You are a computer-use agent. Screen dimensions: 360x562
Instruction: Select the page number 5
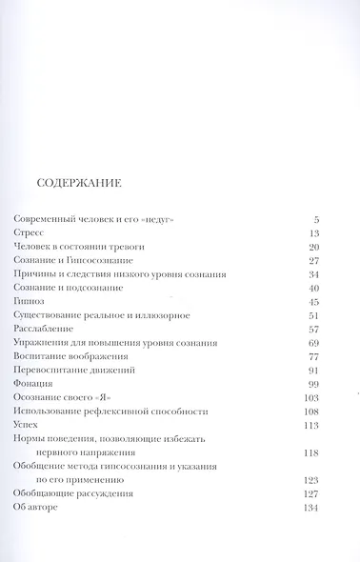pyautogui.click(x=315, y=219)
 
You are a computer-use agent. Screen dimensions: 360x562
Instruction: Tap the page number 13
pyautogui.click(x=313, y=232)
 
